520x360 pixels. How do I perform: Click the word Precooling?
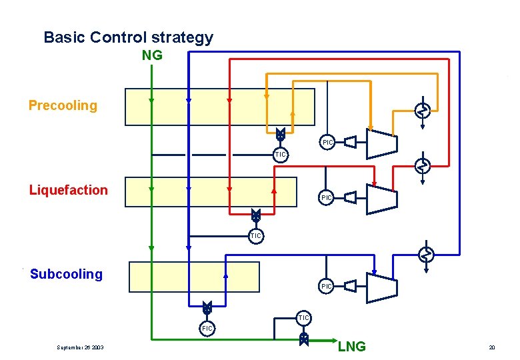tap(63, 105)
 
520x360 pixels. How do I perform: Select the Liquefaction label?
tap(68, 190)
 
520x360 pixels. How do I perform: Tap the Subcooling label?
tap(66, 274)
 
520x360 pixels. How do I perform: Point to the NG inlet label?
tap(152, 55)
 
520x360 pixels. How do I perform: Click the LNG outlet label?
tap(351, 347)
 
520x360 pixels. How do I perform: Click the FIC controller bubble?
tap(207, 328)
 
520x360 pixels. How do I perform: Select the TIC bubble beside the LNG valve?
tap(303, 318)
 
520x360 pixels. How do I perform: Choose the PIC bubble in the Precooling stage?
tap(327, 142)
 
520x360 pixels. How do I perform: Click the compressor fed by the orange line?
tap(381, 142)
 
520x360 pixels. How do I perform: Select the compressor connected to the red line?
tap(381, 197)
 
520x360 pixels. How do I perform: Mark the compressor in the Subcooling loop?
tap(381, 287)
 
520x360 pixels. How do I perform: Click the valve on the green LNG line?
tap(304, 339)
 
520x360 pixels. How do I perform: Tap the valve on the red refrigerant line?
tap(255, 215)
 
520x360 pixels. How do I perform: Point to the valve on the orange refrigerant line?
tap(281, 134)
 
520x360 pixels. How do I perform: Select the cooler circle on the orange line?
tap(422, 111)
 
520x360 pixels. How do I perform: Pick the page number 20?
tap(492, 347)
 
